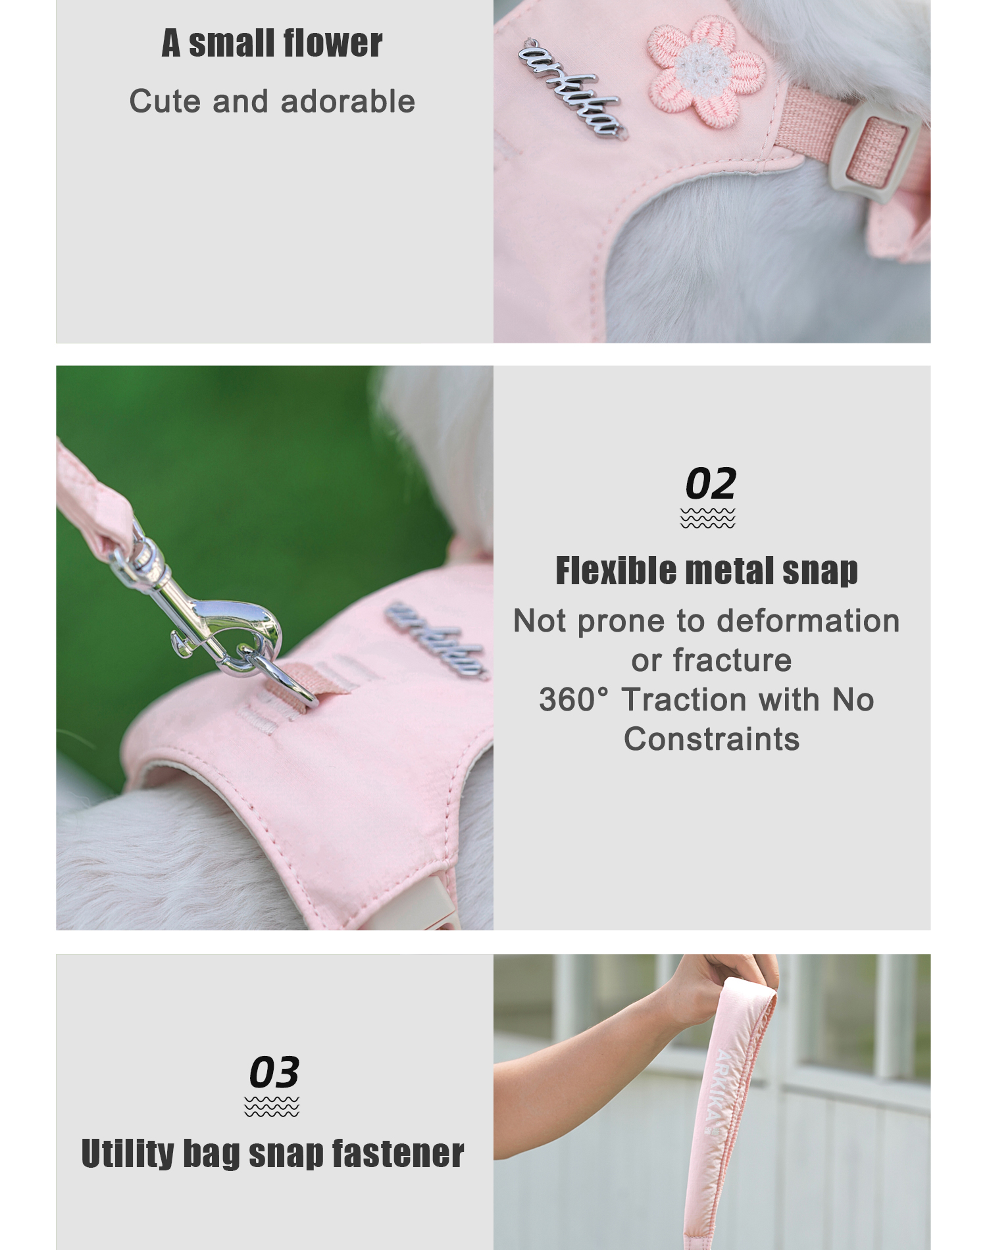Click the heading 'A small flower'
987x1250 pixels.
[x=272, y=43]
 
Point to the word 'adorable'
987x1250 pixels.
[x=348, y=101]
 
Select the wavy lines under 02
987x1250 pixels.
[x=708, y=518]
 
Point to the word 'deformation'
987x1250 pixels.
[x=808, y=620]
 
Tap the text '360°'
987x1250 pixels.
[x=574, y=699]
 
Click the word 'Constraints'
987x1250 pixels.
[x=711, y=739]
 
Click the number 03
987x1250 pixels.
[x=274, y=1072]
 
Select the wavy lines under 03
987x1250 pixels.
[x=272, y=1107]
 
